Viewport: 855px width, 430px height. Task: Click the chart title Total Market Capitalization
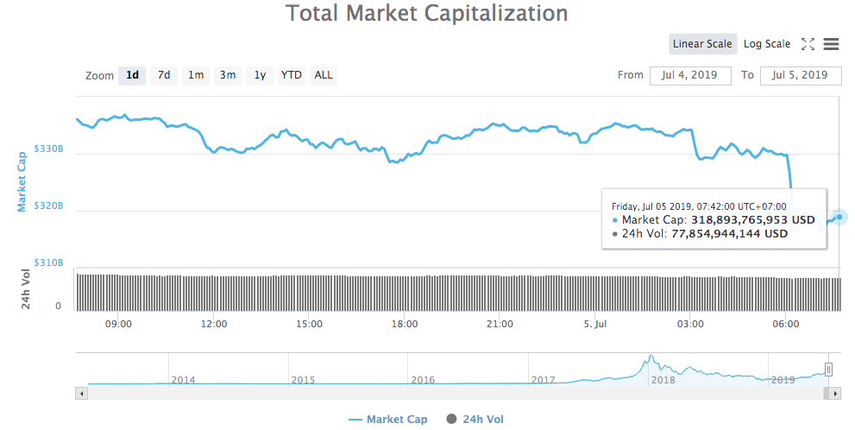[426, 14]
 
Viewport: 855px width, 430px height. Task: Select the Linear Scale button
[702, 44]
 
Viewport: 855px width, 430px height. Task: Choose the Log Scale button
[766, 44]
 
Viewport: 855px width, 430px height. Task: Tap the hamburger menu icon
[832, 44]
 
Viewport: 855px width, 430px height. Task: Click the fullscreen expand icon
[808, 44]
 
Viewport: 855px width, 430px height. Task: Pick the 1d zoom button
[132, 75]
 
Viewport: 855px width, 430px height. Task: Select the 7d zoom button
[163, 75]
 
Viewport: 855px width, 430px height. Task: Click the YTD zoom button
[292, 75]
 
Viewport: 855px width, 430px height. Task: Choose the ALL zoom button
[324, 75]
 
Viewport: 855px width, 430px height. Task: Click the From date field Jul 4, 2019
[690, 75]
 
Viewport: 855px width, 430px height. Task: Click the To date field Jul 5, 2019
[800, 75]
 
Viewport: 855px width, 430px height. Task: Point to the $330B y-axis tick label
[49, 149]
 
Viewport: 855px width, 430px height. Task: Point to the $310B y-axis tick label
[49, 262]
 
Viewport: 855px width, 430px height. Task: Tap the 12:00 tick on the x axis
[214, 325]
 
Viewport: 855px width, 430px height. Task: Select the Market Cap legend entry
[387, 420]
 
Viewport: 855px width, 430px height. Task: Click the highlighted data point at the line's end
[839, 216]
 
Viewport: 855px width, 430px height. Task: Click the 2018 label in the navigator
[663, 380]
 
